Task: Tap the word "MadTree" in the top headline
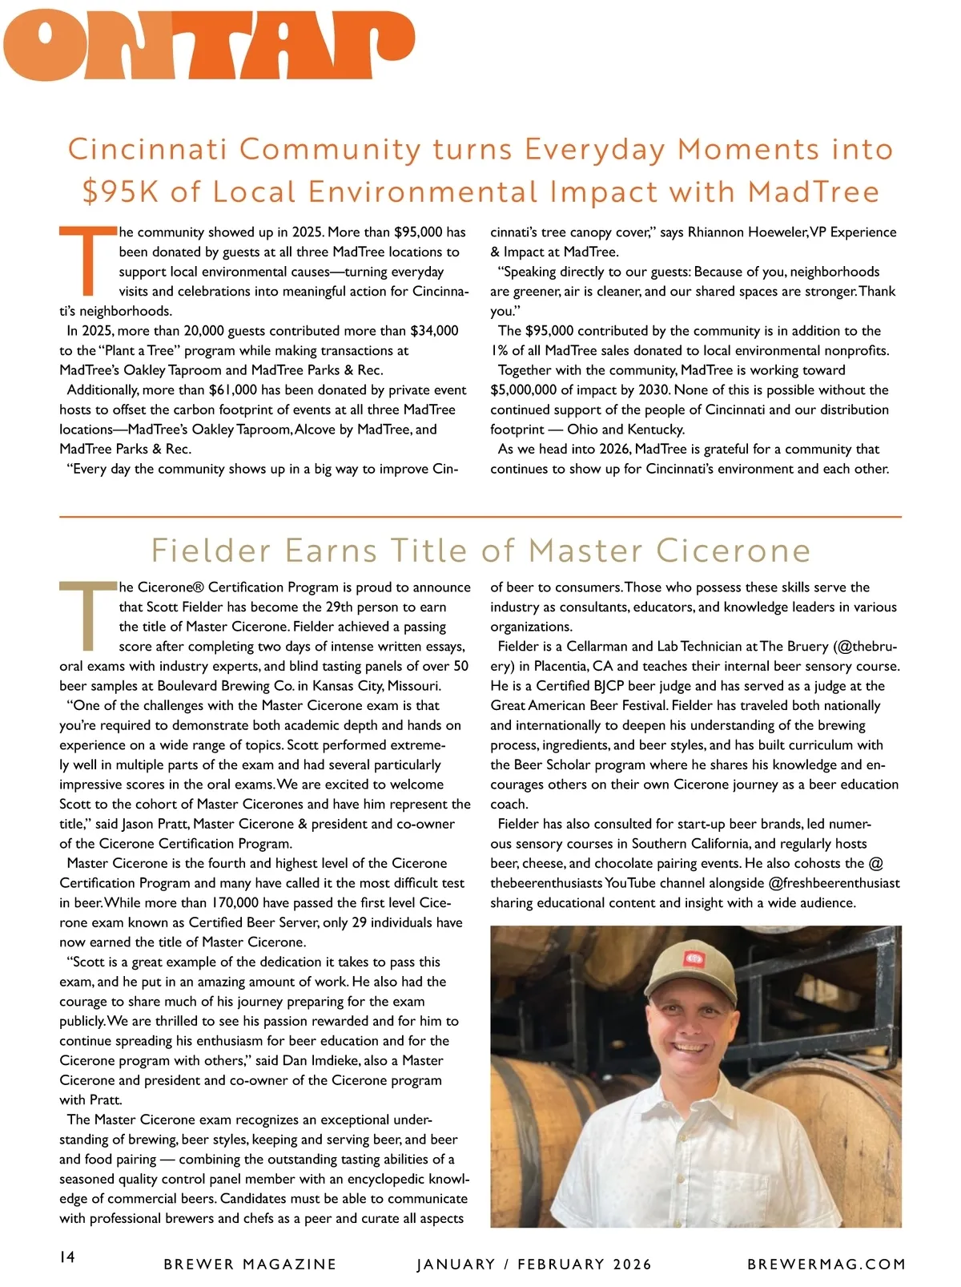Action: click(x=814, y=192)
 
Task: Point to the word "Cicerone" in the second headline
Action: click(x=733, y=551)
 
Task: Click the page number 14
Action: click(x=67, y=1257)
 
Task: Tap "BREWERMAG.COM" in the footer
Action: click(x=826, y=1265)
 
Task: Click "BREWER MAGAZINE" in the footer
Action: click(x=250, y=1265)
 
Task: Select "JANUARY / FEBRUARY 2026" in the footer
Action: click(x=534, y=1265)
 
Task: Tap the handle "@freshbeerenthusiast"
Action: click(x=834, y=883)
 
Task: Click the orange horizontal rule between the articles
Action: click(x=480, y=517)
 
